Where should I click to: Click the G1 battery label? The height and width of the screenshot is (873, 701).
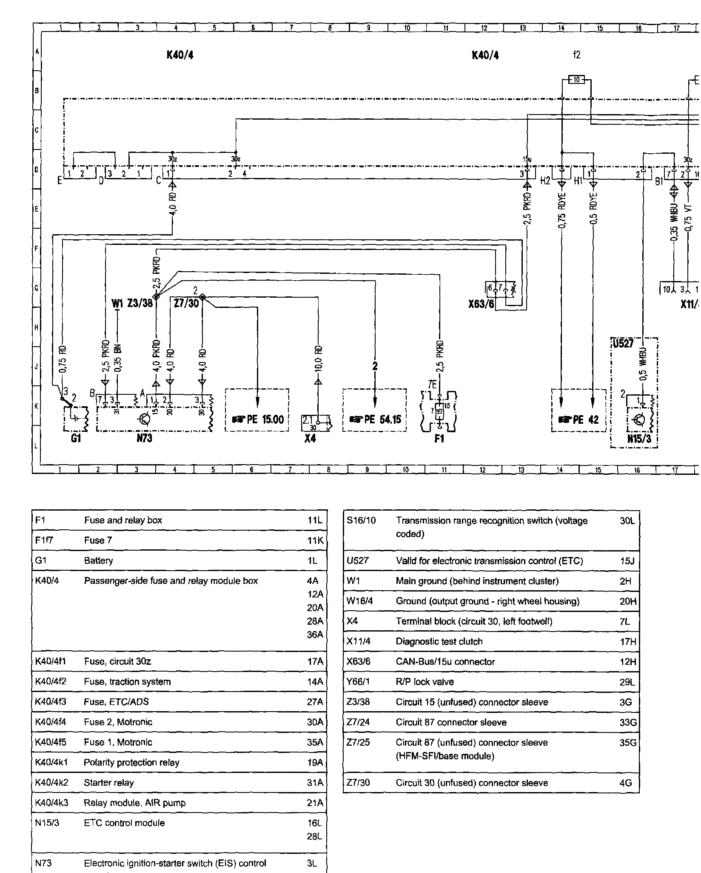[76, 438]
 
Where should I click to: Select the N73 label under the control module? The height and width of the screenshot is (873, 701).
[145, 438]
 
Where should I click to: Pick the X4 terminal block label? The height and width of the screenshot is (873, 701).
[310, 438]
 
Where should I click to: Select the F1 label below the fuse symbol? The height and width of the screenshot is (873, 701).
[439, 438]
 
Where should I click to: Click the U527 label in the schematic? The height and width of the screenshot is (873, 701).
[623, 344]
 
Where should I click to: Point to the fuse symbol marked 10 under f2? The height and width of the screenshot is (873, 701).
[576, 80]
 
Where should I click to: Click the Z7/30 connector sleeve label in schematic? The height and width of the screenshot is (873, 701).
[186, 303]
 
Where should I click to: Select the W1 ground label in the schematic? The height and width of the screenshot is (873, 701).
[117, 303]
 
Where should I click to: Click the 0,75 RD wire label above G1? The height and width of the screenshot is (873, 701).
[63, 359]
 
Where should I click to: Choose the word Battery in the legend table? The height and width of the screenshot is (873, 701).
[98, 560]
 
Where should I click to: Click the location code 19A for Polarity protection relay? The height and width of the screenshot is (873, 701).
[315, 762]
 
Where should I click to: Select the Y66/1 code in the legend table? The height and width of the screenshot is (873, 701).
[358, 682]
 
